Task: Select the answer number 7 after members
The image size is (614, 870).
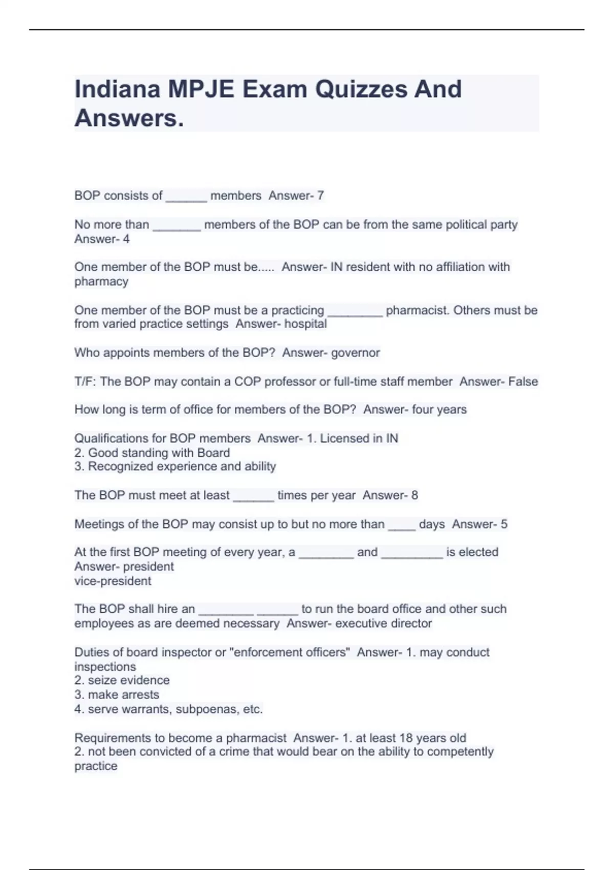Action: pyautogui.click(x=320, y=195)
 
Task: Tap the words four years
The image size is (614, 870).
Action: pyautogui.click(x=439, y=409)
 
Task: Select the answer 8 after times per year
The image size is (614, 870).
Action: pyautogui.click(x=414, y=495)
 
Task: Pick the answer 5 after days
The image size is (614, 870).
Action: pyautogui.click(x=504, y=524)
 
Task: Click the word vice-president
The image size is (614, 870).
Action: pyautogui.click(x=113, y=581)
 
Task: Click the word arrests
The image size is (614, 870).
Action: pyautogui.click(x=141, y=695)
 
